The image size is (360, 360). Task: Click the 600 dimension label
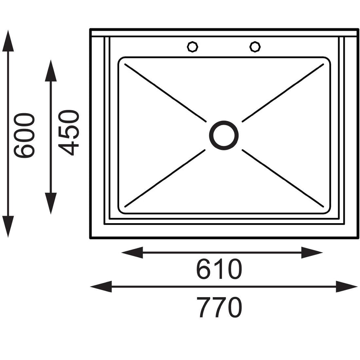(24, 135)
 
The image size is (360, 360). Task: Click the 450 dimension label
(69, 133)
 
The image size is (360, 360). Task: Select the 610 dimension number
(219, 269)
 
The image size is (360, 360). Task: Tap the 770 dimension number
(219, 307)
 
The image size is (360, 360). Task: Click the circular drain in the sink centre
(224, 135)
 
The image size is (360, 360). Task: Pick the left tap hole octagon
(192, 47)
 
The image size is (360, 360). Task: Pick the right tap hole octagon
(255, 47)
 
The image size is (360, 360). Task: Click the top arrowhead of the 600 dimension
(8, 41)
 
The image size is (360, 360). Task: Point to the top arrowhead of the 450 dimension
(51, 71)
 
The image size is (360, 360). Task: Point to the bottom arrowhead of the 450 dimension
(51, 204)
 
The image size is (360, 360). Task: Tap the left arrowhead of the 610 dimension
(132, 252)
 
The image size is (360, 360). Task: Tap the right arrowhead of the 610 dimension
(312, 252)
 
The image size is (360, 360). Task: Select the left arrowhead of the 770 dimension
(101, 286)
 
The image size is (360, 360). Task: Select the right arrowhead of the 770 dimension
(347, 286)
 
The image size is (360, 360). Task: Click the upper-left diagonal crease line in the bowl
(165, 93)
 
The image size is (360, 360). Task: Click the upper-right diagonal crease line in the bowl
(283, 93)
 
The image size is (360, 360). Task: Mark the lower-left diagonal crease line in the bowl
(165, 178)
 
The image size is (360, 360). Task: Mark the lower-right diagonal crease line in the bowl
(283, 178)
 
